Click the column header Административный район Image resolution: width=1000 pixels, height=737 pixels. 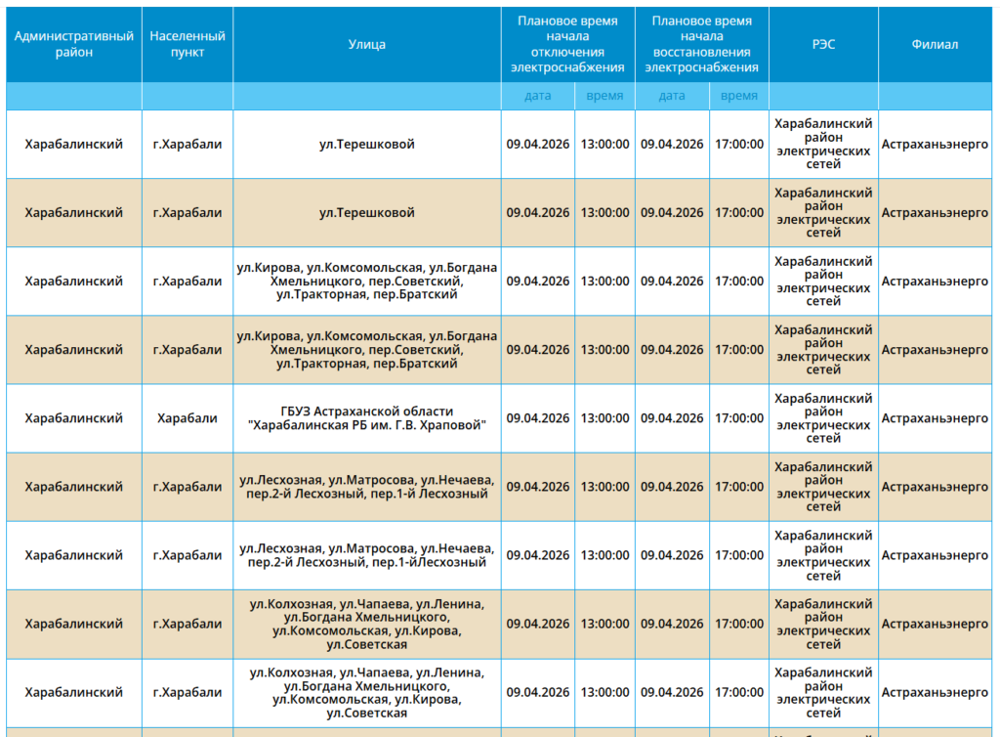74,44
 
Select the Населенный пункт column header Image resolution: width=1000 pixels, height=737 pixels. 187,44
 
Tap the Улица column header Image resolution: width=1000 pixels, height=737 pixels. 367,44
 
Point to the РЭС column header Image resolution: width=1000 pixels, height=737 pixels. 823,44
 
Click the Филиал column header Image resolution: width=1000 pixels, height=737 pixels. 935,44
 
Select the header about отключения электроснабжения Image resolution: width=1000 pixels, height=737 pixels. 567,44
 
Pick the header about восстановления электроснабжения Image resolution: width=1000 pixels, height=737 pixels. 701,44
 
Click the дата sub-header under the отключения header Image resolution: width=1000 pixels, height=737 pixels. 538,96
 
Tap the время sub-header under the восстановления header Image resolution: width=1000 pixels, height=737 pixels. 739,96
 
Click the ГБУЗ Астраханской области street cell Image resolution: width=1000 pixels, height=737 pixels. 367,418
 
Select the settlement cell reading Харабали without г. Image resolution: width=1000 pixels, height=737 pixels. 187,418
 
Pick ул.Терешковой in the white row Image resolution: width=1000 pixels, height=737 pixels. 367,145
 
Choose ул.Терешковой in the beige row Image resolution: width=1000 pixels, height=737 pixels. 367,212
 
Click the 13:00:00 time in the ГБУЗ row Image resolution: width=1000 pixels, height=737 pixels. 604,418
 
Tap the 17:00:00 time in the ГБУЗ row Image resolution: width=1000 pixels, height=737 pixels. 739,418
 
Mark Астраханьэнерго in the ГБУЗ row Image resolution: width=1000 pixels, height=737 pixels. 935,418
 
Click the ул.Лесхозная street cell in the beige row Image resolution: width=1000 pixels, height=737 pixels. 367,487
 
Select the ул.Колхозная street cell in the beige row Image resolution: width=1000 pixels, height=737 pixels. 367,624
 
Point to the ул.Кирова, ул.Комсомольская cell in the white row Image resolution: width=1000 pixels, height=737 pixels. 367,281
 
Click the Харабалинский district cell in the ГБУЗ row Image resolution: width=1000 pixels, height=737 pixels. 74,418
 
